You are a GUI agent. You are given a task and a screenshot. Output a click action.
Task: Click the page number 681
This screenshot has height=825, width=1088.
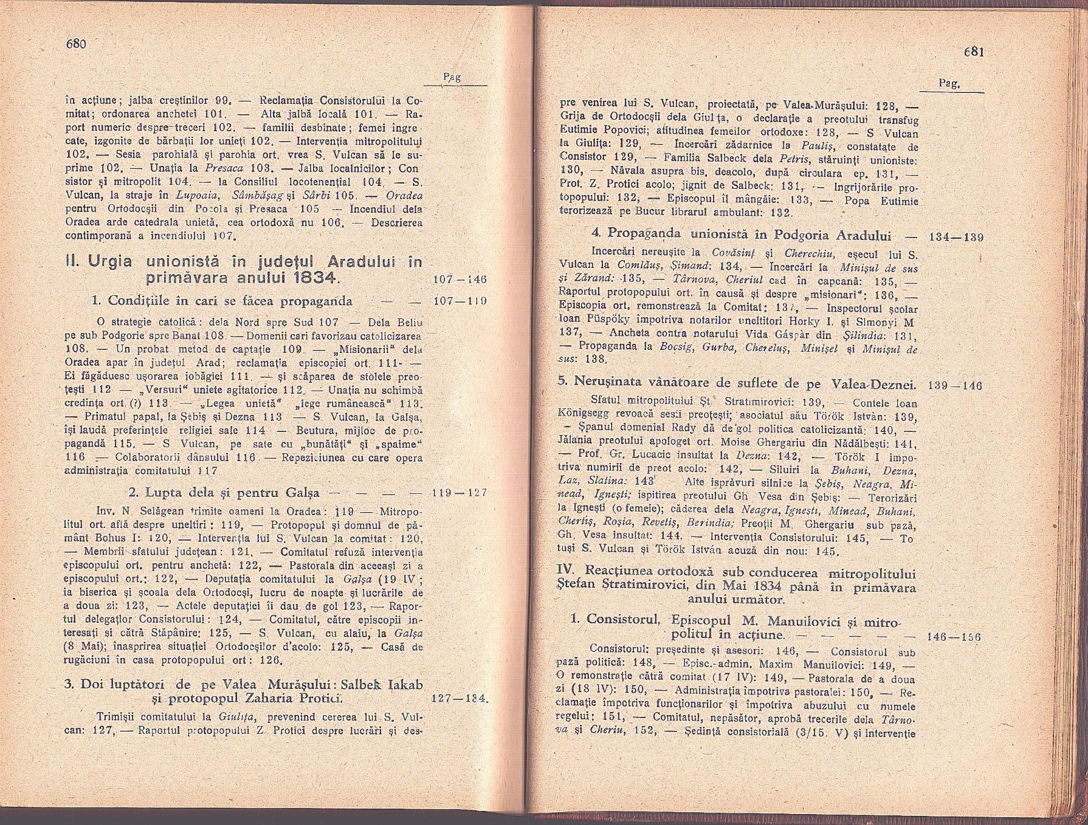point(973,52)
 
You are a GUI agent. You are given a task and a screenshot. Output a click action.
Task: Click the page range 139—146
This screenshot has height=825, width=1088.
point(952,386)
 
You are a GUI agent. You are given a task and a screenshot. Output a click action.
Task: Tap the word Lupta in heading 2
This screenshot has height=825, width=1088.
point(159,492)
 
